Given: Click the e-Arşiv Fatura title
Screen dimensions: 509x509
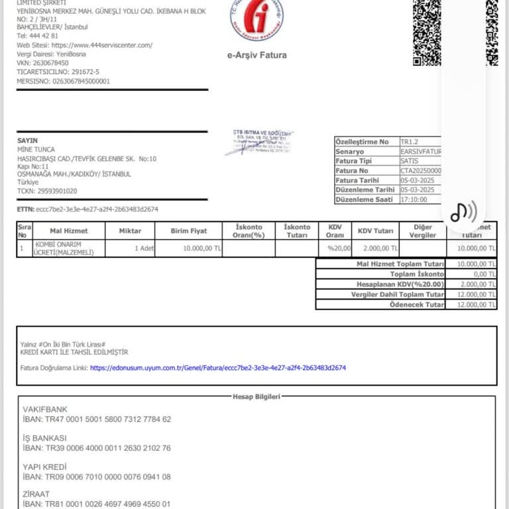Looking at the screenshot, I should click(x=256, y=55).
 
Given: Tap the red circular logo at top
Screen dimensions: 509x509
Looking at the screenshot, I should click(x=257, y=20).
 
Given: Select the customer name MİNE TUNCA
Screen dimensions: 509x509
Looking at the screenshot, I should click(x=36, y=150).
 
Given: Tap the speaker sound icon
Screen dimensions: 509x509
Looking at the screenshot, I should click(x=463, y=212).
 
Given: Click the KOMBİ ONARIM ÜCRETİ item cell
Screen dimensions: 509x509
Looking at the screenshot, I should click(x=64, y=248).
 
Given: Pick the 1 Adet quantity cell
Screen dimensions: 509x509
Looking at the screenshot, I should click(x=144, y=248).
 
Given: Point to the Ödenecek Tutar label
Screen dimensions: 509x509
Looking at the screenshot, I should click(x=416, y=304).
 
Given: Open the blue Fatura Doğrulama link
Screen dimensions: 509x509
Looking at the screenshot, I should click(x=218, y=367).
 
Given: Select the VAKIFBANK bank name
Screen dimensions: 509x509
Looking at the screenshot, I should click(x=45, y=410).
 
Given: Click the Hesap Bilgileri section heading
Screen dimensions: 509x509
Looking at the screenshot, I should click(x=256, y=396).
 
